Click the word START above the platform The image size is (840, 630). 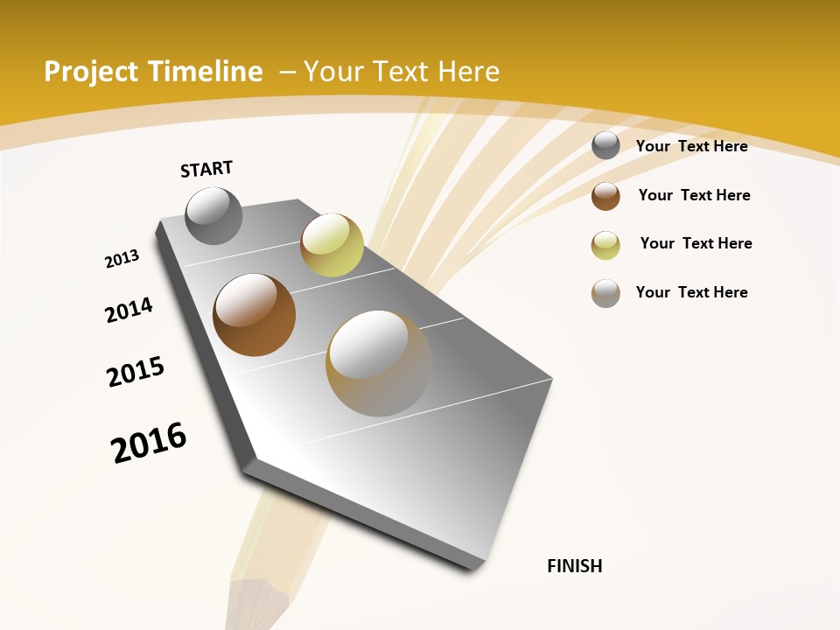coord(206,169)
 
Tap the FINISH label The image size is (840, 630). coord(575,566)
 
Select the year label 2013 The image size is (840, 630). coord(122,259)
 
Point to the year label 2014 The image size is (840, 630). coord(129,310)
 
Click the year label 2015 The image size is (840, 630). coord(136,372)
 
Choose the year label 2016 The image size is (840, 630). coord(149,443)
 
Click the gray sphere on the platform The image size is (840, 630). coord(213,215)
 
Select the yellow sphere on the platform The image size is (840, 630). coord(332,244)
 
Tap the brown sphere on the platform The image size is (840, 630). coord(254,315)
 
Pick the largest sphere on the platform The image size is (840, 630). coord(379,363)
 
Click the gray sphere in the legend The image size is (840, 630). coord(605,146)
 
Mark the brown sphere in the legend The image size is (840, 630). coord(605,196)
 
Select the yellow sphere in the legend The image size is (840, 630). coord(605,245)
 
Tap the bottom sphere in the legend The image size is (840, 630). coord(605,294)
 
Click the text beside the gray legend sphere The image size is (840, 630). coord(691,146)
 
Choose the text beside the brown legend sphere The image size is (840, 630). coord(694,195)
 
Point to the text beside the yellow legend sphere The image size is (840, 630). coord(696,243)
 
